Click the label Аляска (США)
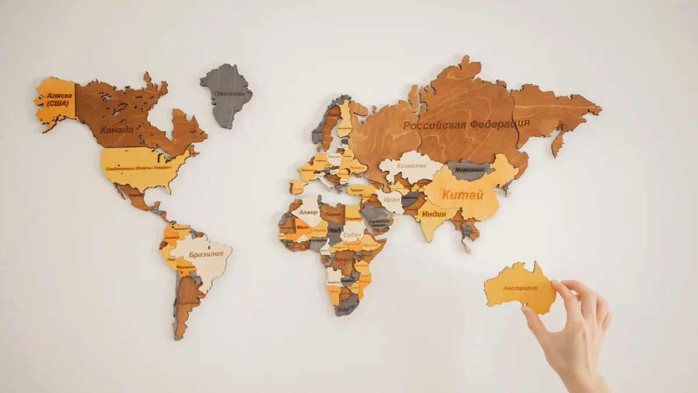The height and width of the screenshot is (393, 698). (x=58, y=100)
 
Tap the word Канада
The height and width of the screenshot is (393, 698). (x=116, y=129)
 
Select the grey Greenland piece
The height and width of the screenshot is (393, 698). (x=227, y=95)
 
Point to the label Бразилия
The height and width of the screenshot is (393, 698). (x=206, y=254)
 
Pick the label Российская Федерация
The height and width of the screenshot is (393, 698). (x=466, y=124)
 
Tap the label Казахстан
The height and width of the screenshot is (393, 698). (x=412, y=165)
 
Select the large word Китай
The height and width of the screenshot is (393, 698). (x=462, y=195)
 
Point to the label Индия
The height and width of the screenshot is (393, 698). (x=434, y=214)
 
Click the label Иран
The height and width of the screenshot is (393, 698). (x=391, y=200)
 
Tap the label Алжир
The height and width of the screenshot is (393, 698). (x=309, y=213)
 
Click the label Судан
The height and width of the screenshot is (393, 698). (x=352, y=235)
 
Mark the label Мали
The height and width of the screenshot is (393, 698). (x=302, y=227)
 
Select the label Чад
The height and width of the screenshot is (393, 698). (x=334, y=231)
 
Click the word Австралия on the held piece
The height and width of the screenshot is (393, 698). (x=520, y=288)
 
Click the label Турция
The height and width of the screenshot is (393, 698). (x=357, y=190)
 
